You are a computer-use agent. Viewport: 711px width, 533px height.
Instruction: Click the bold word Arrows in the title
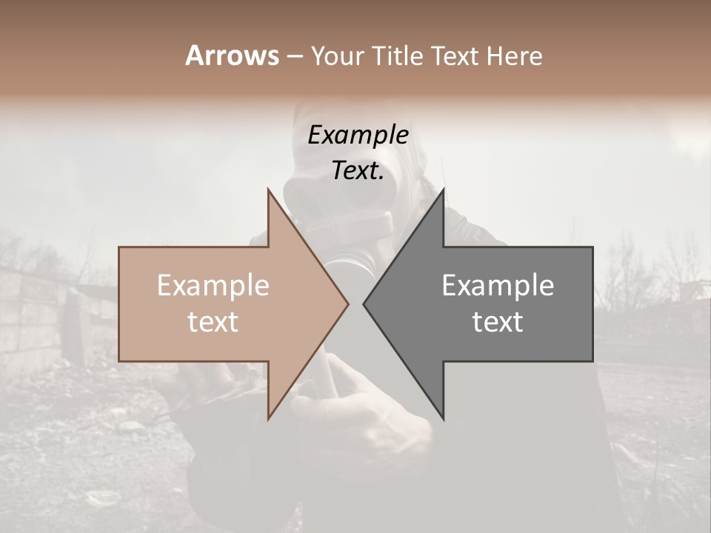[233, 56]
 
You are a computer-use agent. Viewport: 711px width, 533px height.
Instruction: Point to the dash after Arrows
[294, 56]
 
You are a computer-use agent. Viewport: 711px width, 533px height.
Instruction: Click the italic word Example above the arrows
[358, 135]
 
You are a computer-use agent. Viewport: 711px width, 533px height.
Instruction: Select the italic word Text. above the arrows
[358, 171]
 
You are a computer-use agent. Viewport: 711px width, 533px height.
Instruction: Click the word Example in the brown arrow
[213, 286]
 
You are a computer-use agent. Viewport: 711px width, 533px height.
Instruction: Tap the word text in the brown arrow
[213, 322]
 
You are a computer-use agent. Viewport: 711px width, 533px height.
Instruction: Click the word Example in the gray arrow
[498, 286]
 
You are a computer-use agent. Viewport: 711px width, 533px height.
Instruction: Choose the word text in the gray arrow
[498, 322]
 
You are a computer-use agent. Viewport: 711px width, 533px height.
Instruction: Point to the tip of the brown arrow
[348, 304]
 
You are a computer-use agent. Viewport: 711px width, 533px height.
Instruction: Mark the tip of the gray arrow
[364, 304]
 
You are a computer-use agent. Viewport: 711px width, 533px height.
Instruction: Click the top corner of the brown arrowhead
[268, 189]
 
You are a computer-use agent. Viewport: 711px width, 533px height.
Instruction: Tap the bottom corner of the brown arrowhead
[268, 419]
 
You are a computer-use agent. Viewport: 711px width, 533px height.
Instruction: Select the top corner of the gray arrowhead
[443, 189]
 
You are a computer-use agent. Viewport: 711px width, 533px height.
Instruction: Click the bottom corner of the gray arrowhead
[443, 419]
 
